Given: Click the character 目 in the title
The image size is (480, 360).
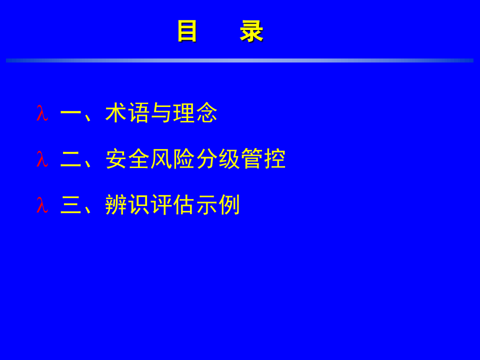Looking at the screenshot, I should [x=187, y=31].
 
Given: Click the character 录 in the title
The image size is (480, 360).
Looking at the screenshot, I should [x=251, y=31].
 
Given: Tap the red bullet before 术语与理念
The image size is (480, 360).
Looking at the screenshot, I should [x=42, y=114].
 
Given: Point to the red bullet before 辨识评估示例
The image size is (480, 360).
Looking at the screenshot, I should [x=42, y=205].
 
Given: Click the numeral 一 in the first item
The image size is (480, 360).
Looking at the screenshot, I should [x=70, y=114].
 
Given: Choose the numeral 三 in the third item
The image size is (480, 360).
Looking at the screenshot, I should [x=70, y=205].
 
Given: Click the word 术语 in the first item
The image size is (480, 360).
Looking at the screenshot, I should [x=127, y=114].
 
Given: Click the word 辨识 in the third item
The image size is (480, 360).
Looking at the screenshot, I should [x=127, y=205].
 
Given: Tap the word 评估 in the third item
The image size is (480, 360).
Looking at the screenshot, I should [x=172, y=205].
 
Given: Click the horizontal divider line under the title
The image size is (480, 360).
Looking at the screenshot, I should [x=240, y=60].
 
